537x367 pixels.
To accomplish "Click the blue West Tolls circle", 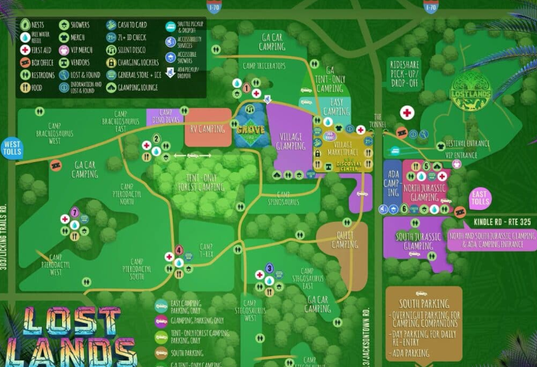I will (12, 148).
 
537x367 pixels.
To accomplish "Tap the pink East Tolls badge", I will (480, 197).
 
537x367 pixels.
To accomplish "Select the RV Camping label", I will (207, 129).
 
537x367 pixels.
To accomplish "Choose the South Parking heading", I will (423, 304).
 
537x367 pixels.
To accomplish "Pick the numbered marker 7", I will (75, 212).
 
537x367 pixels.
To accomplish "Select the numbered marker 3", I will (270, 268).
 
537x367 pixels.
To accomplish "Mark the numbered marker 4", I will (180, 250).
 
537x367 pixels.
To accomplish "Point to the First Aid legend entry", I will (39, 50).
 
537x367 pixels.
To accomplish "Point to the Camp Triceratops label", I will (261, 66).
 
